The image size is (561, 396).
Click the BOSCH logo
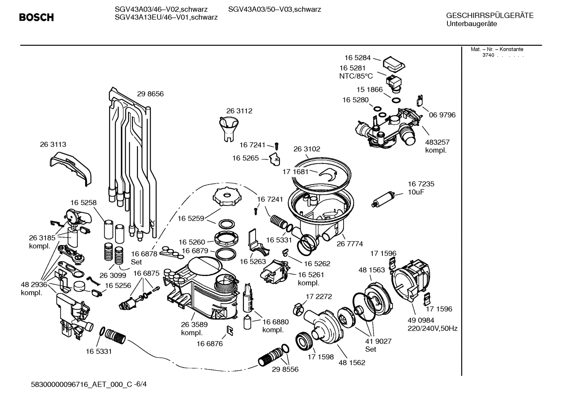point(36,17)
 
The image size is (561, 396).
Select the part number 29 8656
point(150,94)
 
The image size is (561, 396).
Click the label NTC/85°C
point(356,76)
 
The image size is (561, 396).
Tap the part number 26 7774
point(350,244)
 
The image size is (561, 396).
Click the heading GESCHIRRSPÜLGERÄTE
point(489,16)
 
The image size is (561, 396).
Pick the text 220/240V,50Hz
point(432,328)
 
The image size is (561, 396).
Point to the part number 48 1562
point(352,363)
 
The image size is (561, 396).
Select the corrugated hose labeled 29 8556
point(271,357)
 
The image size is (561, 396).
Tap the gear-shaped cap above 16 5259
point(225,197)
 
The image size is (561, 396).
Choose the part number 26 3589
point(194,324)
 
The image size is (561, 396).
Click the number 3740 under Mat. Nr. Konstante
point(488,55)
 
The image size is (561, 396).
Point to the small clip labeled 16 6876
point(230,330)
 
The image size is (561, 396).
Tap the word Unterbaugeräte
point(472,24)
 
